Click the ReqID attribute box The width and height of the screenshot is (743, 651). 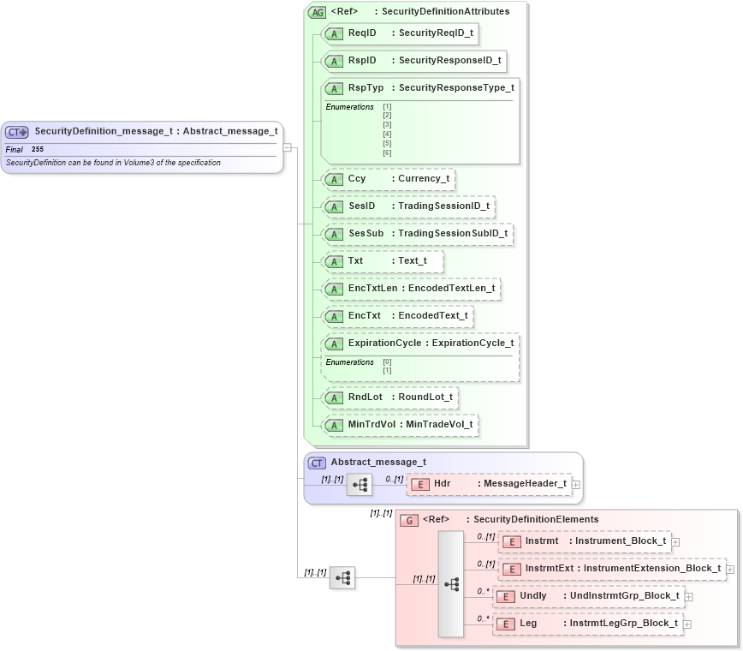pos(399,33)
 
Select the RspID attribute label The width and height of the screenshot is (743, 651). pos(361,61)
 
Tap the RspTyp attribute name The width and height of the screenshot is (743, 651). pos(366,87)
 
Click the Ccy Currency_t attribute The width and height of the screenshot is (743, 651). pos(388,179)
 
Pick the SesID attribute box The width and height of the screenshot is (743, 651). pos(407,206)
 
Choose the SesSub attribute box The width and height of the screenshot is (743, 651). pos(416,233)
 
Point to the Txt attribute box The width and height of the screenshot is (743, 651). pos(382,260)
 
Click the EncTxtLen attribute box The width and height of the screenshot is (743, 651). pos(410,289)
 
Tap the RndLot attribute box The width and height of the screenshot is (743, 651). pos(389,397)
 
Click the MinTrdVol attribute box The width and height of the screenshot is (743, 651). pos(399,424)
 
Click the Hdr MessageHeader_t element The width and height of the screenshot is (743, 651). pos(489,484)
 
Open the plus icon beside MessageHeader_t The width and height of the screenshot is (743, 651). pos(576,485)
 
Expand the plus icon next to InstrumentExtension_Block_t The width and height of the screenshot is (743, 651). pos(730,569)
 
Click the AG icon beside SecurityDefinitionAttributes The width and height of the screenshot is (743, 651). pos(318,12)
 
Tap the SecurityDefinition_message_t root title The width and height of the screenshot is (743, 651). pos(156,131)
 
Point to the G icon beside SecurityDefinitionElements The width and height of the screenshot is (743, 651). pos(409,520)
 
